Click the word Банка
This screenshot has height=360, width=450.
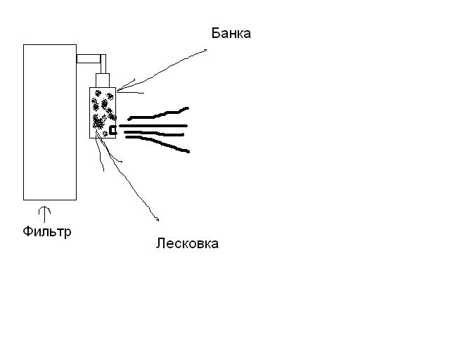(231, 33)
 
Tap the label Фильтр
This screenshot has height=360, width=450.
(46, 231)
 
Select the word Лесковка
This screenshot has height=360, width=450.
(187, 243)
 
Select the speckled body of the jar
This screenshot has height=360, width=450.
(103, 112)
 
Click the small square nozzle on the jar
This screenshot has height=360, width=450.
(112, 129)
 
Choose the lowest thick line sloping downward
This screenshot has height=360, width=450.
(158, 143)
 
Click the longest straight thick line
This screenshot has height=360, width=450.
(153, 125)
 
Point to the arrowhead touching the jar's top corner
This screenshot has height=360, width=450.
(119, 89)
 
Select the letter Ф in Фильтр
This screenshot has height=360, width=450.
(27, 231)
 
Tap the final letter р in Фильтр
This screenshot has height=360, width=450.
(67, 232)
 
